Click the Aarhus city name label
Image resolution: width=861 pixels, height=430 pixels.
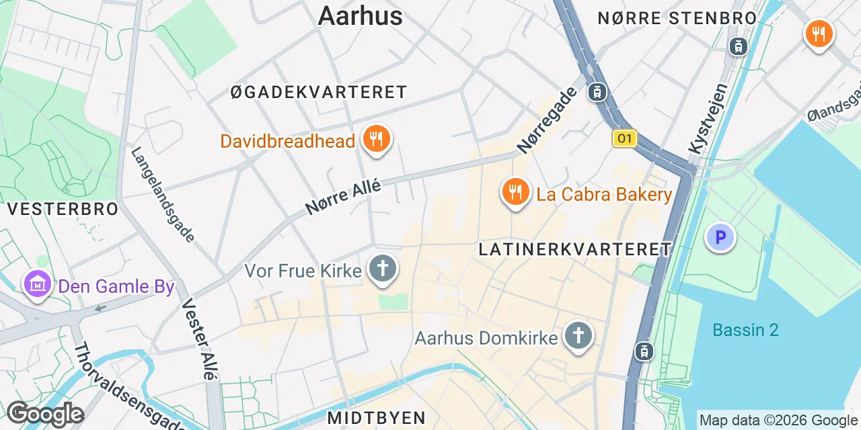(x=360, y=15)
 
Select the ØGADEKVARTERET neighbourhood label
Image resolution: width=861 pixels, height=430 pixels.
(x=319, y=92)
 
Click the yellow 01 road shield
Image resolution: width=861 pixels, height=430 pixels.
(x=624, y=138)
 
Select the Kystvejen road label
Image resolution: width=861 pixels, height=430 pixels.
(x=708, y=118)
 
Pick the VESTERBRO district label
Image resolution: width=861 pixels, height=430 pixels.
(x=63, y=209)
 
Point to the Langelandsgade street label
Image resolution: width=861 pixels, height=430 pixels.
(x=163, y=195)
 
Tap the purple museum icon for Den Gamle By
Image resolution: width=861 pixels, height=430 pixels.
(x=38, y=286)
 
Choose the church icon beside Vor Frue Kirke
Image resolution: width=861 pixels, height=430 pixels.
(x=383, y=270)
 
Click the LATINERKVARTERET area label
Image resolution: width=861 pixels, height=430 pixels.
(x=575, y=249)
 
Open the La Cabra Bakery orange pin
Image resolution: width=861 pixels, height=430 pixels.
(x=515, y=193)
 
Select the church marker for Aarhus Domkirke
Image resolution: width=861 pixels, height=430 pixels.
(x=577, y=336)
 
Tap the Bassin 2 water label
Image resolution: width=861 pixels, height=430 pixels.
(x=745, y=330)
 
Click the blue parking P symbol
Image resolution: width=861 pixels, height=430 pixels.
(x=720, y=237)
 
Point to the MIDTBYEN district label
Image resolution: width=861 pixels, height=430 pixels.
(x=377, y=417)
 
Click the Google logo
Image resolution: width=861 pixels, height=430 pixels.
(x=45, y=415)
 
